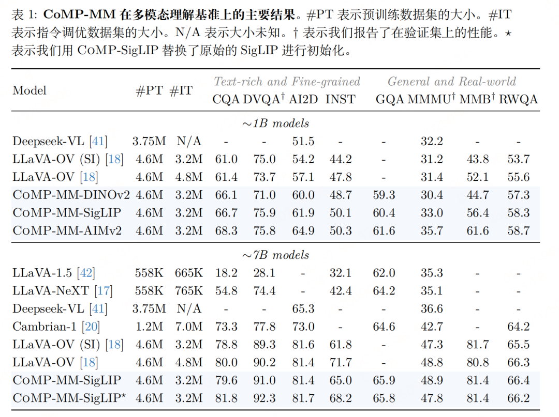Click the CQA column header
pyautogui.click(x=225, y=99)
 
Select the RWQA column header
pyautogui.click(x=518, y=99)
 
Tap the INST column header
pyautogui.click(x=340, y=99)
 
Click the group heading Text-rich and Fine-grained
pyautogui.click(x=287, y=82)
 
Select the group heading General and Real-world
pyautogui.click(x=452, y=82)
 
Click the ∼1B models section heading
pyautogui.click(x=276, y=123)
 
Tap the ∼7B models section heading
pyautogui.click(x=276, y=255)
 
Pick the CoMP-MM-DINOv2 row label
pyautogui.click(x=71, y=195)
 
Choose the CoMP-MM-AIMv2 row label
pyautogui.click(x=67, y=230)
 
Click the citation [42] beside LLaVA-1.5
pyautogui.click(x=86, y=273)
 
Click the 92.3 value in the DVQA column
pyautogui.click(x=264, y=398)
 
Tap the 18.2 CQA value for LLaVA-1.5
pyautogui.click(x=226, y=273)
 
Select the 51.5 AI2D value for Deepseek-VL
pyautogui.click(x=303, y=142)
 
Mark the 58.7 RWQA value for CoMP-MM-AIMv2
pyautogui.click(x=518, y=230)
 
